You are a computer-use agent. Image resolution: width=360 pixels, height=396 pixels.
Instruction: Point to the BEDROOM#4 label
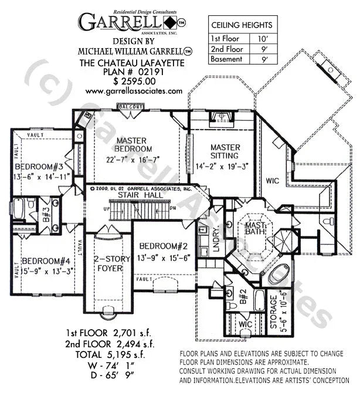[x=46, y=260]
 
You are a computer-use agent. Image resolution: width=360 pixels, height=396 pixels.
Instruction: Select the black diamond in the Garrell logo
[x=169, y=23]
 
